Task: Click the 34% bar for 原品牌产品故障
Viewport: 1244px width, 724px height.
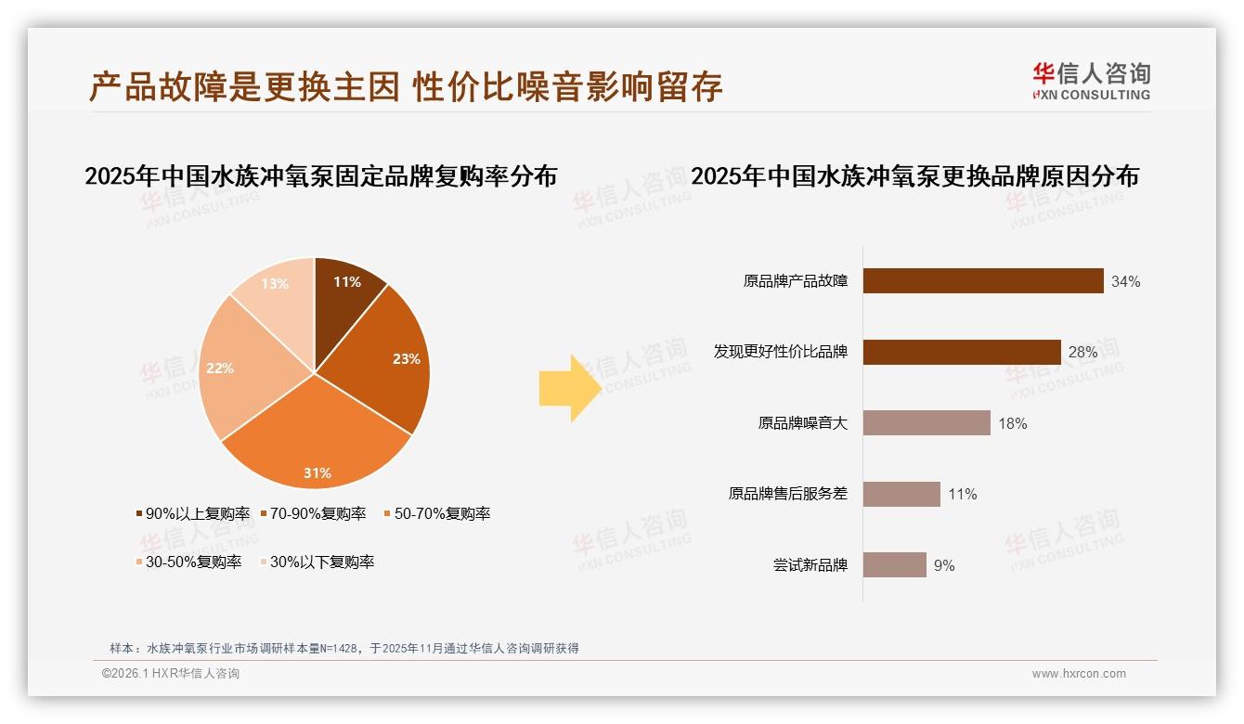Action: click(983, 281)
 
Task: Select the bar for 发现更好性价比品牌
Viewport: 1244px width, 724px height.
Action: click(962, 353)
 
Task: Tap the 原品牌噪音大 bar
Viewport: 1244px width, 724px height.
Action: click(927, 423)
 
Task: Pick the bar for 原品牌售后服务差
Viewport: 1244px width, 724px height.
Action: click(901, 494)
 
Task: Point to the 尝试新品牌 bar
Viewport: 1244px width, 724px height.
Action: click(894, 564)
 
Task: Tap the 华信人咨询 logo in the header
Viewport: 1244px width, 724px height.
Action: click(1091, 81)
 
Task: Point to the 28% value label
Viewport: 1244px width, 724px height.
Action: click(1082, 353)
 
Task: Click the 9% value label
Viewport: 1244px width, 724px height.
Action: click(944, 565)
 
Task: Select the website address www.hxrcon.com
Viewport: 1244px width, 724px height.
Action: click(1079, 674)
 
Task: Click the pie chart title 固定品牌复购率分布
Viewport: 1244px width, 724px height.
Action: click(320, 175)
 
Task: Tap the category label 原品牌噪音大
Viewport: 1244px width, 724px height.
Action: click(802, 423)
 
